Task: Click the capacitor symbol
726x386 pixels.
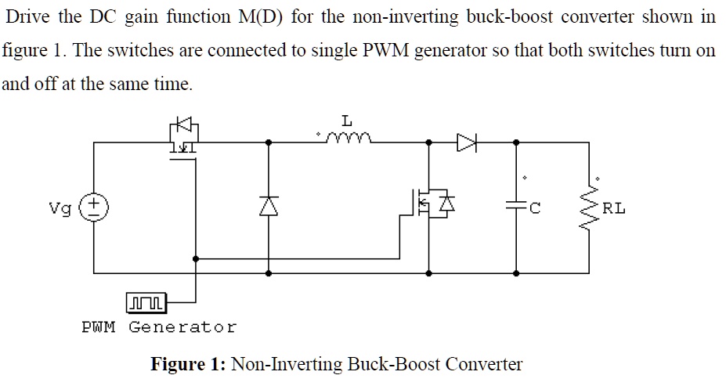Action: [515, 207]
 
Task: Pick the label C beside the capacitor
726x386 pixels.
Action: [536, 208]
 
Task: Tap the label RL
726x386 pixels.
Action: [614, 208]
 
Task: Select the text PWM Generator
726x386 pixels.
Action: [158, 326]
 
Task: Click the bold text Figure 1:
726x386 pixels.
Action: [188, 364]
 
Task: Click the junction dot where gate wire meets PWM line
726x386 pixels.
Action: [195, 258]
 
